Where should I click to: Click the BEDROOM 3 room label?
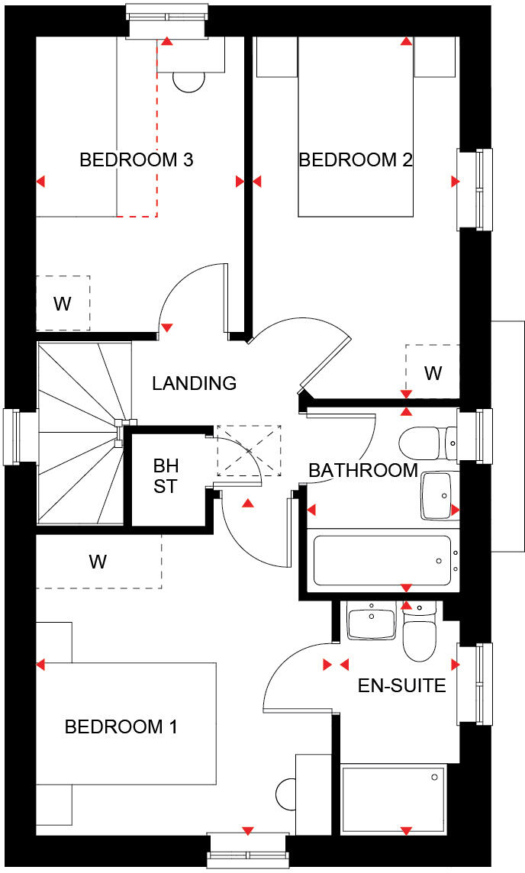[x=136, y=160]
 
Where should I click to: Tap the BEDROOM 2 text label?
[x=356, y=160]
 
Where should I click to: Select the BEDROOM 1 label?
[x=121, y=726]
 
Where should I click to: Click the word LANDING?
[x=194, y=383]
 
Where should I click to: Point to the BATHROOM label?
[x=362, y=471]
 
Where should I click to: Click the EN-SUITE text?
[x=401, y=685]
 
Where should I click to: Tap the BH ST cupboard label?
[x=166, y=476]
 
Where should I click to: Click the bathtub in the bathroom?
[x=382, y=562]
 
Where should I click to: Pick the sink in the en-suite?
[x=371, y=622]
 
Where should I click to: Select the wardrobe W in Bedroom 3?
[x=63, y=304]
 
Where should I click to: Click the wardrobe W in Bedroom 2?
[x=433, y=372]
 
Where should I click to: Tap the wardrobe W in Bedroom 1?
[x=98, y=562]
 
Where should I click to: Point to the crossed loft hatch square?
[x=249, y=451]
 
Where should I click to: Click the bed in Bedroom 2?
[x=356, y=137]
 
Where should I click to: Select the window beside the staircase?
[x=11, y=436]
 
